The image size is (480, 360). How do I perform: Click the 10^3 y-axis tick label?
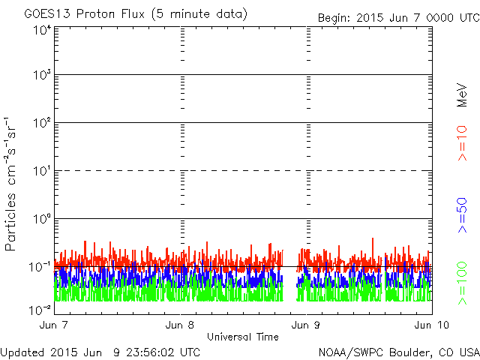click(41, 76)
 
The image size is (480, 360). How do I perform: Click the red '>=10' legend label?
click(463, 143)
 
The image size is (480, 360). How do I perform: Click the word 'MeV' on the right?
click(463, 96)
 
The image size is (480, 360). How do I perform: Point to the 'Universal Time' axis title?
click(243, 337)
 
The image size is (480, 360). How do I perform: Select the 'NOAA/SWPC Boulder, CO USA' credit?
click(398, 352)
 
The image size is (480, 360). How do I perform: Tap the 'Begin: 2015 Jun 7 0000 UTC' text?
click(397, 16)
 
